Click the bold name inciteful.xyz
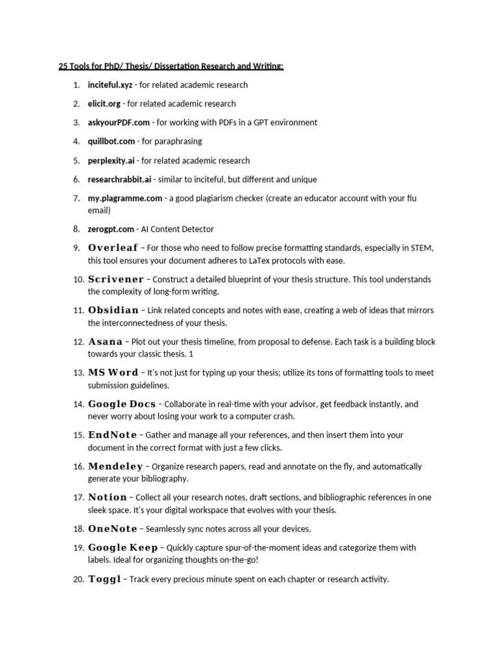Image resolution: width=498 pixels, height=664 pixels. point(110,85)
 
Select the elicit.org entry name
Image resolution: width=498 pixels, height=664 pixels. point(104,104)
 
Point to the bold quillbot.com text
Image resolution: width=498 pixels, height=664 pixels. point(112,141)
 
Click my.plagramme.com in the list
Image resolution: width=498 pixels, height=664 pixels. point(125,198)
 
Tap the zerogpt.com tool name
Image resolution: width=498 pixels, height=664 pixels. point(111,229)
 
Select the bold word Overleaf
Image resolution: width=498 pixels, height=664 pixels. point(113,248)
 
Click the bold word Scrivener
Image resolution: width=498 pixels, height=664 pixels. point(116,279)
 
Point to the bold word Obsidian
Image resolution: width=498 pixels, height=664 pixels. point(113,311)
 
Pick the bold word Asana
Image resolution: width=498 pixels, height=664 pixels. point(105,342)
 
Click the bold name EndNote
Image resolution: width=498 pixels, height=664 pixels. point(112,435)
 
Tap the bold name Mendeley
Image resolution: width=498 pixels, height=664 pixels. point(115,466)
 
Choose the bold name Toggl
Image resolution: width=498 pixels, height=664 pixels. point(104,580)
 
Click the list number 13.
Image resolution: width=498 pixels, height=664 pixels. point(77,373)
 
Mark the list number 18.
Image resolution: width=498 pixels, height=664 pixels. point(77,529)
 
